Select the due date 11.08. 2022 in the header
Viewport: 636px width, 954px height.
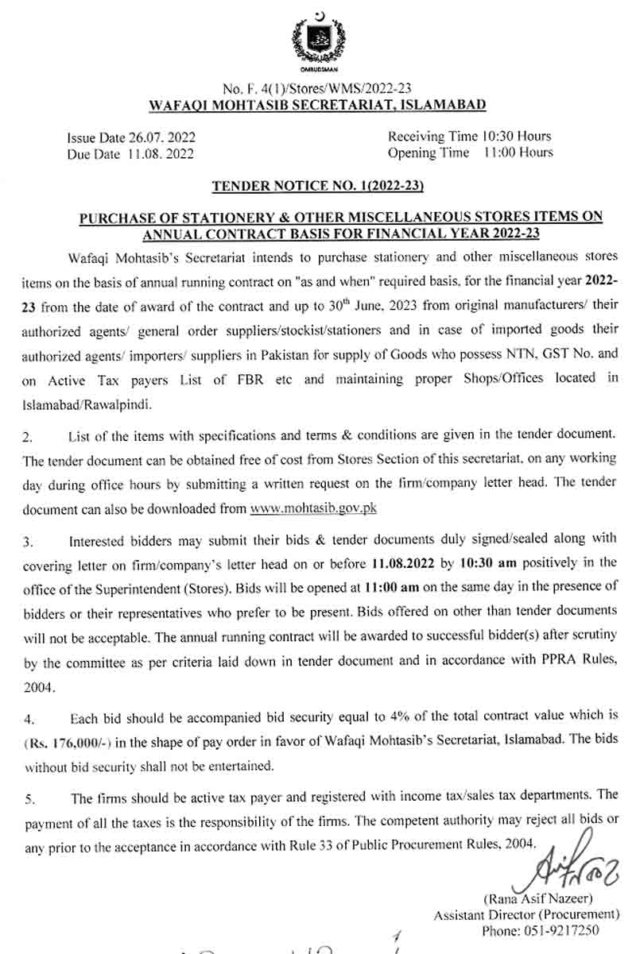tap(160, 153)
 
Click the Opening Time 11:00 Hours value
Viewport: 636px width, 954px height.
tap(518, 153)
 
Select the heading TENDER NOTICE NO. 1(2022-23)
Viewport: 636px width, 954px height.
tap(318, 187)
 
